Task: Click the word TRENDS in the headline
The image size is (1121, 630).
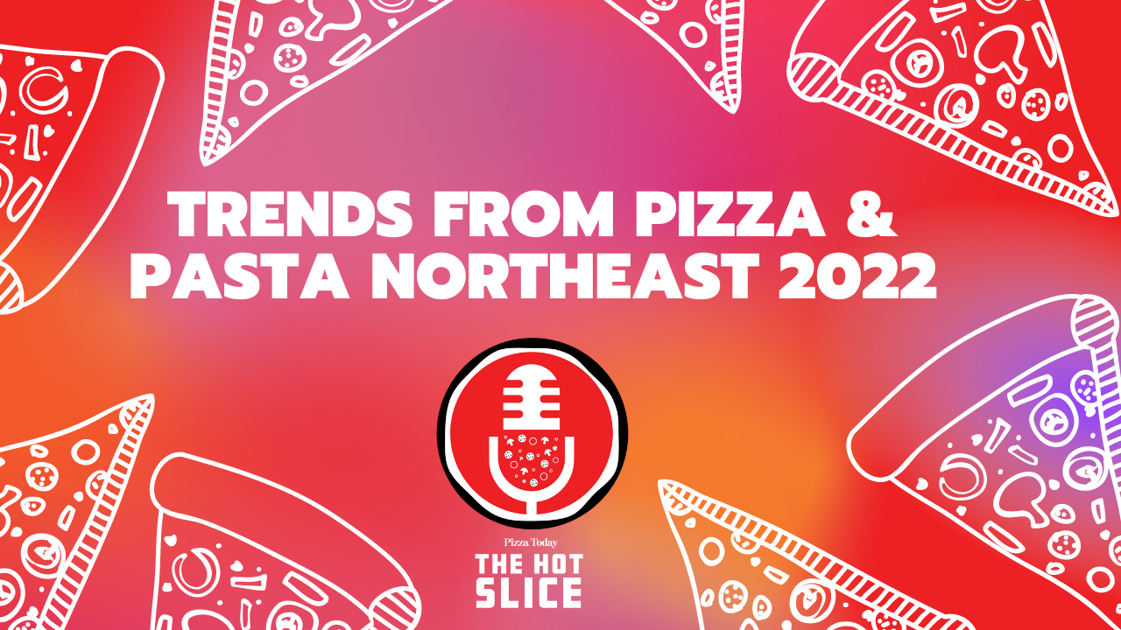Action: pyautogui.click(x=290, y=214)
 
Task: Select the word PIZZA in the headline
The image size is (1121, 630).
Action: pyautogui.click(x=729, y=214)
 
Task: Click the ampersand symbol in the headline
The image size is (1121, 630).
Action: pyautogui.click(x=870, y=214)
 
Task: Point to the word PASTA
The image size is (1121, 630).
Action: pyautogui.click(x=239, y=276)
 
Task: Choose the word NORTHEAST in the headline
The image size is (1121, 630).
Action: pyautogui.click(x=565, y=276)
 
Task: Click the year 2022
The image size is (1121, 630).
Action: pyautogui.click(x=857, y=276)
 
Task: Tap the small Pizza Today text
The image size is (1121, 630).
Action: pyautogui.click(x=531, y=542)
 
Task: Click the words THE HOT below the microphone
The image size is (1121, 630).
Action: pyautogui.click(x=530, y=564)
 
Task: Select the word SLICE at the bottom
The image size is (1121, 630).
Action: pyautogui.click(x=529, y=592)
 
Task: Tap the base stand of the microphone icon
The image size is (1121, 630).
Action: pyautogui.click(x=531, y=506)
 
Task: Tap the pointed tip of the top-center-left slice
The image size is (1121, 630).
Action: pyautogui.click(x=206, y=160)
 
